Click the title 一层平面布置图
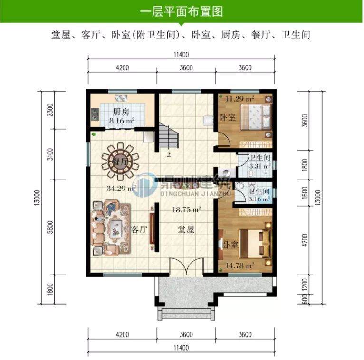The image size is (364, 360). click(x=182, y=11)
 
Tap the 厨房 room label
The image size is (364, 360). click(x=121, y=113)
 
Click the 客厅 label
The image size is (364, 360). click(x=138, y=229)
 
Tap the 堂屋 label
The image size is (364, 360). click(x=186, y=229)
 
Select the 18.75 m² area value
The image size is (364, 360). click(x=186, y=209)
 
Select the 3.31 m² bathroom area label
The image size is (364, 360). click(x=260, y=166)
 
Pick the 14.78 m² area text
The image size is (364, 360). click(x=243, y=265)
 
